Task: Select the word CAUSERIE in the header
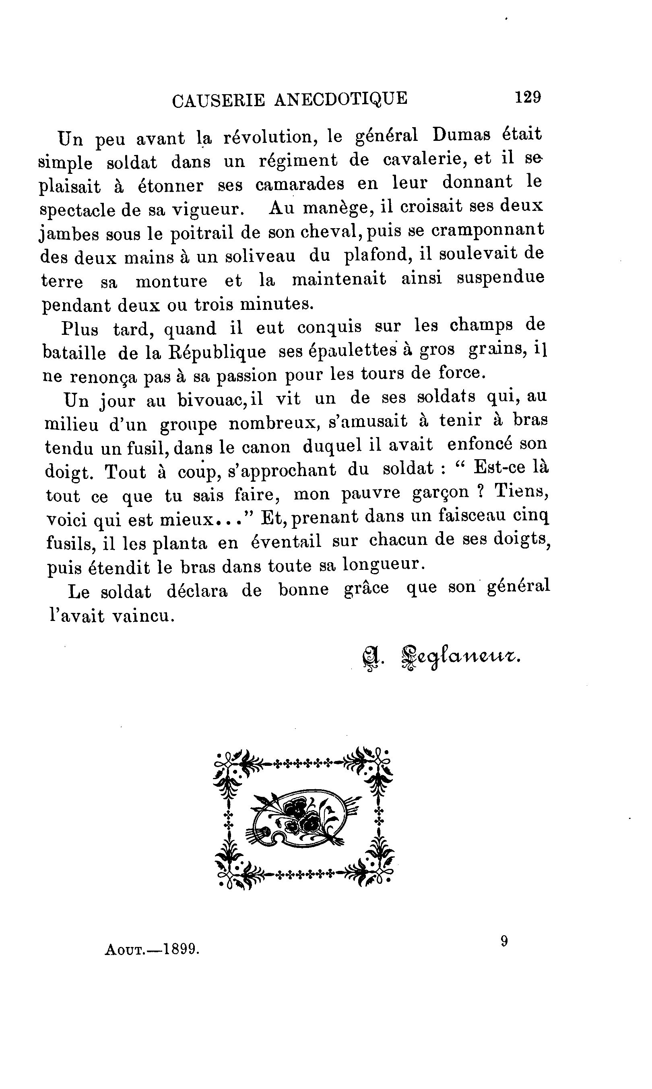point(219,101)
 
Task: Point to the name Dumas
point(461,134)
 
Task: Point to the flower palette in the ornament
point(303,818)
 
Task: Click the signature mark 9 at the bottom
point(504,941)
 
